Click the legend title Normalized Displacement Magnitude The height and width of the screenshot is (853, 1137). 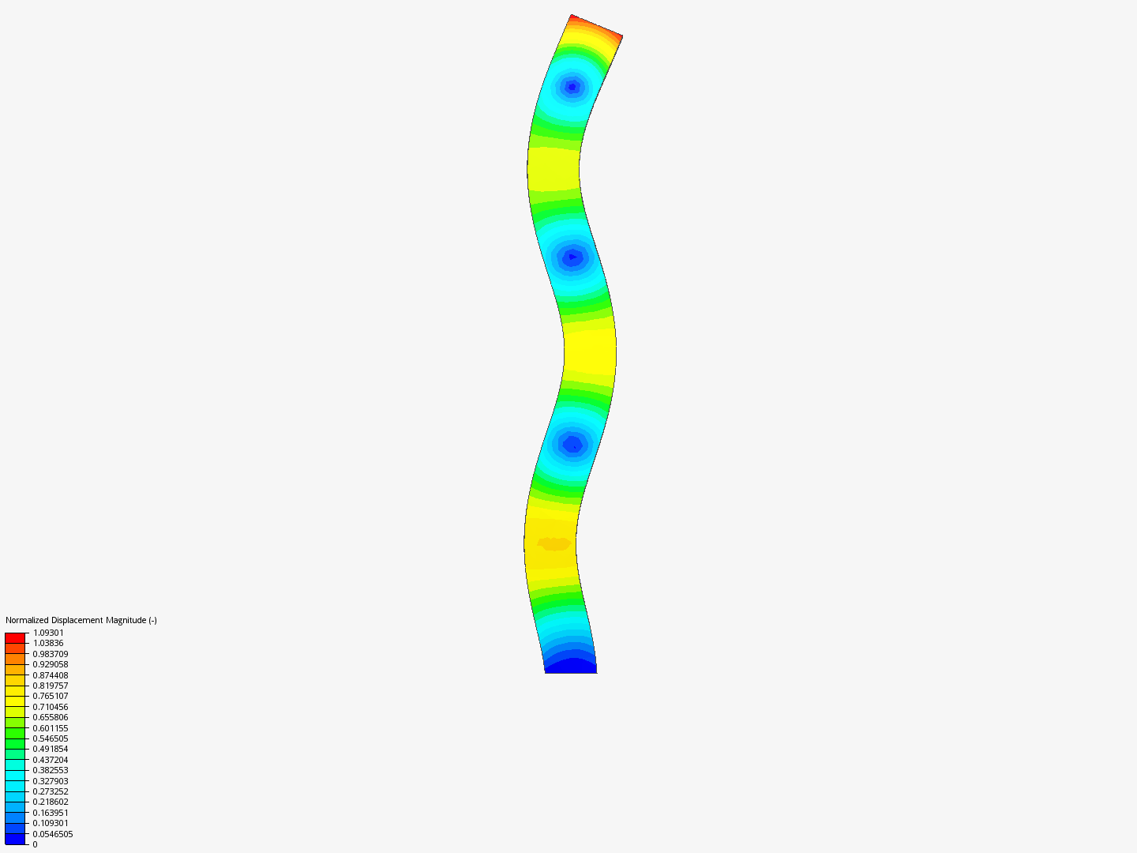(81, 620)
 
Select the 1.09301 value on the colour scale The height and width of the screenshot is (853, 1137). (48, 633)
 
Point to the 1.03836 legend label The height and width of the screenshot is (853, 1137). (48, 643)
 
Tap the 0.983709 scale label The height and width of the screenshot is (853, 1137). (51, 654)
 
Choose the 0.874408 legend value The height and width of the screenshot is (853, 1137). (51, 675)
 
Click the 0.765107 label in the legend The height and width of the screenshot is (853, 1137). (51, 696)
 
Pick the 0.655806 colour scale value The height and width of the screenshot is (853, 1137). (51, 717)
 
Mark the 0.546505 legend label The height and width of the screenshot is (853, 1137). (51, 738)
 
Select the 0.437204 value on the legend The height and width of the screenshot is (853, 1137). (51, 760)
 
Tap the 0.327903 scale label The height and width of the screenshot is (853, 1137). (51, 781)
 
